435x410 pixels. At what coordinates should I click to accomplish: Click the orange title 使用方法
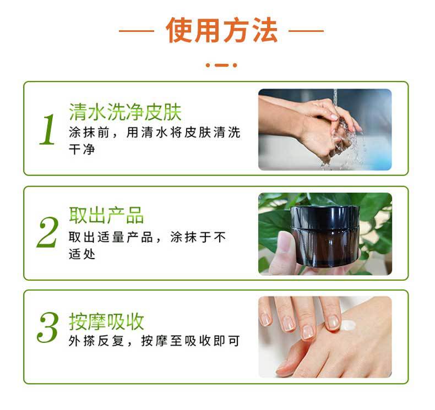(x=222, y=30)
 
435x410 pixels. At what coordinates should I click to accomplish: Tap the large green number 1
(x=48, y=129)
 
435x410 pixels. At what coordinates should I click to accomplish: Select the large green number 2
(x=48, y=232)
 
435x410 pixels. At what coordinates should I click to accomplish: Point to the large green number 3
(x=48, y=327)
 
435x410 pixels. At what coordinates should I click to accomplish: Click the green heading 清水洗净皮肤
(x=125, y=112)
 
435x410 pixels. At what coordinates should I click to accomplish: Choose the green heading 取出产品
(x=106, y=215)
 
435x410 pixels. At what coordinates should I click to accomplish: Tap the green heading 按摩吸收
(x=106, y=321)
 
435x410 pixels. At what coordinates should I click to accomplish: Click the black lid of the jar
(x=325, y=217)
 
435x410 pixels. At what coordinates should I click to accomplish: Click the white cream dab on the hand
(x=347, y=325)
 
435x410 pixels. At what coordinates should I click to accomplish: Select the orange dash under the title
(x=221, y=65)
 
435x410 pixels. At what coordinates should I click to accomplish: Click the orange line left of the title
(x=137, y=31)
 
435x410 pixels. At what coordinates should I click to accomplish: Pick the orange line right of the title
(x=306, y=31)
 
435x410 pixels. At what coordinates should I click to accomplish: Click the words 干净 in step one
(x=82, y=150)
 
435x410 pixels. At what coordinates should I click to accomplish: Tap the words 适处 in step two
(x=82, y=254)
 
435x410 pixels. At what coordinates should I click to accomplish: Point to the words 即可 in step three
(x=227, y=341)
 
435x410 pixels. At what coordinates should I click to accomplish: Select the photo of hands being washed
(x=325, y=129)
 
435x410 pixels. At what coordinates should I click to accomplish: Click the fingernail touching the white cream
(x=333, y=322)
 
